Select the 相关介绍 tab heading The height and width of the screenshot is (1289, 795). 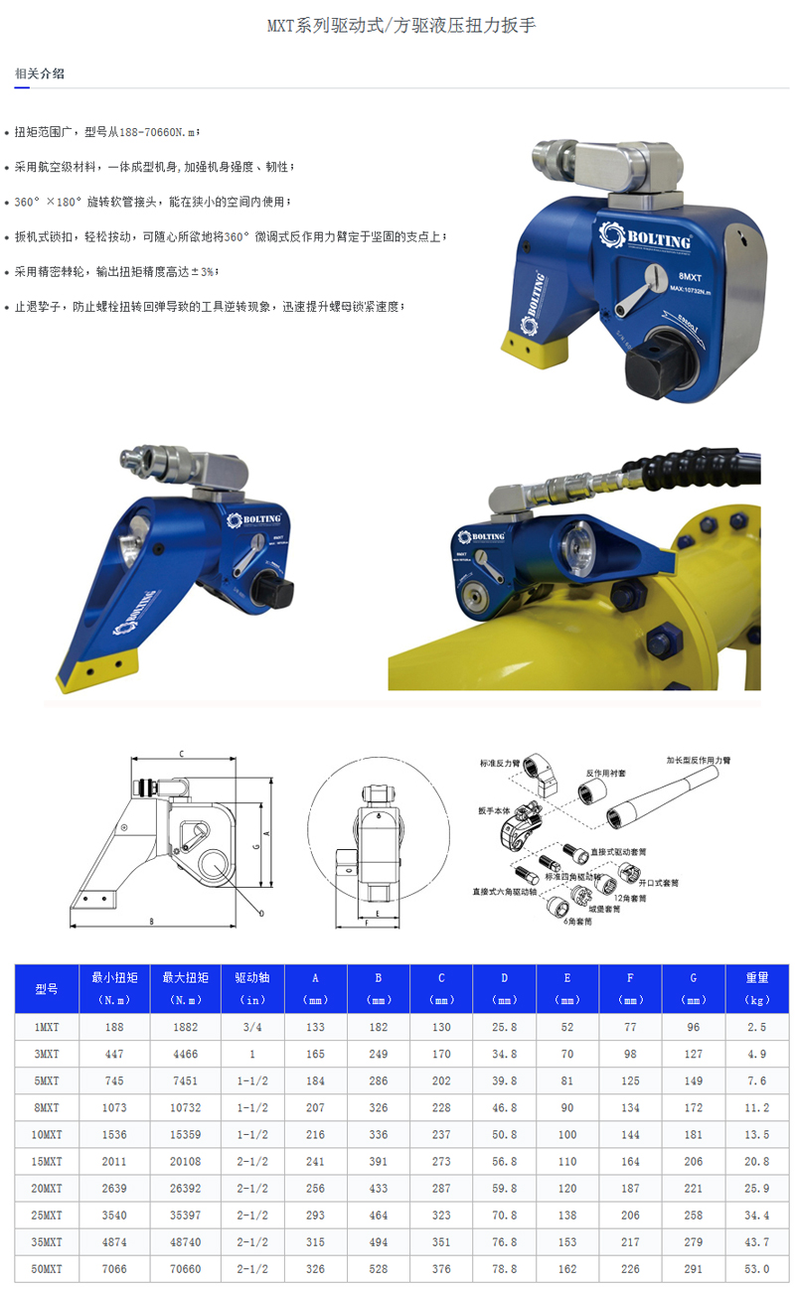pyautogui.click(x=40, y=73)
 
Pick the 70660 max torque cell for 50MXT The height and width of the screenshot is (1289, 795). pyautogui.click(x=186, y=1268)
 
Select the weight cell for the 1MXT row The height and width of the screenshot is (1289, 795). pyautogui.click(x=756, y=1027)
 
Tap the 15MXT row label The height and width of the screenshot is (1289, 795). pyautogui.click(x=48, y=1161)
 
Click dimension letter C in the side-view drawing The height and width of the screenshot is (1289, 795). pyautogui.click(x=181, y=755)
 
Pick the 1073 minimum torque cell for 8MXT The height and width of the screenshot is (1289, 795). pyautogui.click(x=115, y=1107)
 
